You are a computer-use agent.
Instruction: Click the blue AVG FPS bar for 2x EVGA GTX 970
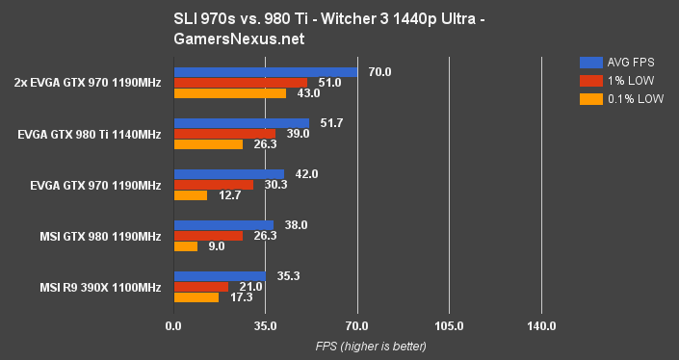265,72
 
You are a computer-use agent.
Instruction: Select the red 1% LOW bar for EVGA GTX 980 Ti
224,134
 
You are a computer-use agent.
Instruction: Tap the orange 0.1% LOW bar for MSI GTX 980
185,246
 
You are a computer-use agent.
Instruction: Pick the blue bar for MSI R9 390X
220,276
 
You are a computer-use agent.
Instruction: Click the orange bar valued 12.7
190,195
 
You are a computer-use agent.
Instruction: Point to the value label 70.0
380,72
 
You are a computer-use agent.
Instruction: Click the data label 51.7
332,123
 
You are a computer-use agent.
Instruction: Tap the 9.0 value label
216,246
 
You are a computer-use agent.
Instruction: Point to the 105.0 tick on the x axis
449,326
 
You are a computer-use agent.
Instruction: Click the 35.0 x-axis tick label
265,326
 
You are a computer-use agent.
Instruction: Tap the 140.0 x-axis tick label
541,326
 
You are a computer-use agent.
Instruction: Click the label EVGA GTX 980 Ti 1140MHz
89,134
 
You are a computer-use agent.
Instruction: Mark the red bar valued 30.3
213,185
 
